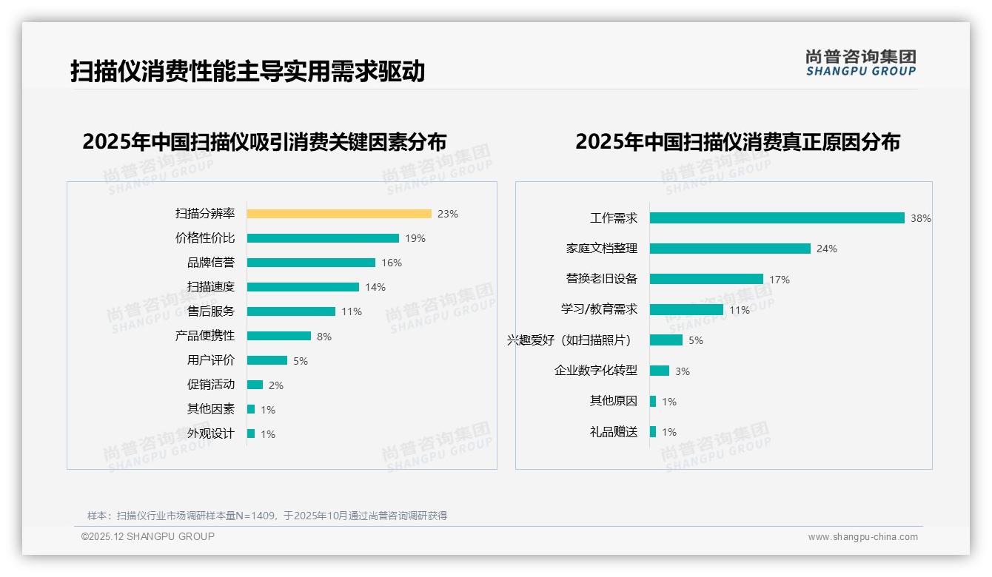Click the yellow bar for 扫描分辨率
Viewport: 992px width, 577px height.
339,214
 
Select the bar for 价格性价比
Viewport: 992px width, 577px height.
323,238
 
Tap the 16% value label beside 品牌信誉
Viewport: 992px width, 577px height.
392,263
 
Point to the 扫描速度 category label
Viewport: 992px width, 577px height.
211,287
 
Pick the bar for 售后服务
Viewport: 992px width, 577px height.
291,311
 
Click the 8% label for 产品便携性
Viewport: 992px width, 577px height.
324,337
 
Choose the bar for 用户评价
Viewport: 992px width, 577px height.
267,360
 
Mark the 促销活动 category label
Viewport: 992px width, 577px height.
211,385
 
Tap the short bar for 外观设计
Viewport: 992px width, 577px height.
251,433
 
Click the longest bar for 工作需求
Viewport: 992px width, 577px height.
777,218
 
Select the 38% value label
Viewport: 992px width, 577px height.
921,219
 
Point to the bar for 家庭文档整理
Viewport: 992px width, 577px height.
730,249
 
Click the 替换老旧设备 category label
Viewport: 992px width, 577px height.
602,279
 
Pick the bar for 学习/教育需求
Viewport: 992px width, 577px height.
686,310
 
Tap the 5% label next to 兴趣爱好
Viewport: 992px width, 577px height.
696,341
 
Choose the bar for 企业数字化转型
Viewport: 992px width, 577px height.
660,371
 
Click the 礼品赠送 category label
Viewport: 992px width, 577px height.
614,432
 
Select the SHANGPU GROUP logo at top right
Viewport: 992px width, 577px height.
861,63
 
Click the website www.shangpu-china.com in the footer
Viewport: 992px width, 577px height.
862,537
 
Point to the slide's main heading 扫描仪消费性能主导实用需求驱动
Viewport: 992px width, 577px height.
247,72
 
